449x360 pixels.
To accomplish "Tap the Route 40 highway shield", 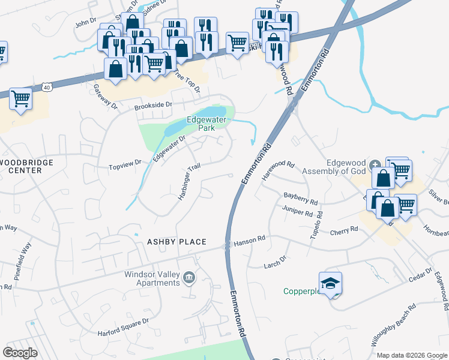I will [x=47, y=88].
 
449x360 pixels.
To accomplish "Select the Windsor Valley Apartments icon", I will [x=189, y=277].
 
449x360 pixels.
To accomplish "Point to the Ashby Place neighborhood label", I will [x=176, y=242].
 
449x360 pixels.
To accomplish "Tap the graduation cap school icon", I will [x=330, y=283].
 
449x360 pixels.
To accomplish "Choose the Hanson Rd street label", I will [x=249, y=239].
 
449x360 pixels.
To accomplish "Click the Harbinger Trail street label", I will [x=187, y=182].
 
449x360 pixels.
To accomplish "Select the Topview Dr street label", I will [x=124, y=162].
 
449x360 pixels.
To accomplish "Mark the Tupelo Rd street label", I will [x=316, y=225].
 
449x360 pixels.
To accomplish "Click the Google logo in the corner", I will [x=20, y=353].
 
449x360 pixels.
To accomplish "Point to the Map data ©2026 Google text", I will [x=412, y=355].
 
